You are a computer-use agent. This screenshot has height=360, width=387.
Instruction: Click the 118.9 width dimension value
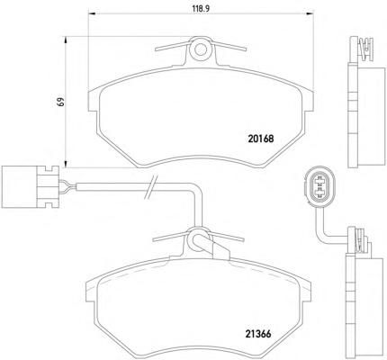coord(201,9)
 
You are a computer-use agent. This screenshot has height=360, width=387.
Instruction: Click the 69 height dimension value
coord(61,102)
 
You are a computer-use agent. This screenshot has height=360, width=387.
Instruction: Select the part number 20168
coord(261,139)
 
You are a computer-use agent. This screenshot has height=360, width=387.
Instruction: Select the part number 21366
coord(258,334)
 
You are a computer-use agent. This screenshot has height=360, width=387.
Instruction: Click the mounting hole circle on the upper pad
coord(201,49)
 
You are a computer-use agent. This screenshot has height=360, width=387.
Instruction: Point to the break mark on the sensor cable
coord(150,187)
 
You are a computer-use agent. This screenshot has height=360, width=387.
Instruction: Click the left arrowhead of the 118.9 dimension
coord(92,13)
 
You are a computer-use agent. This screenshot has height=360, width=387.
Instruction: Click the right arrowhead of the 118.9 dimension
coord(310,13)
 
